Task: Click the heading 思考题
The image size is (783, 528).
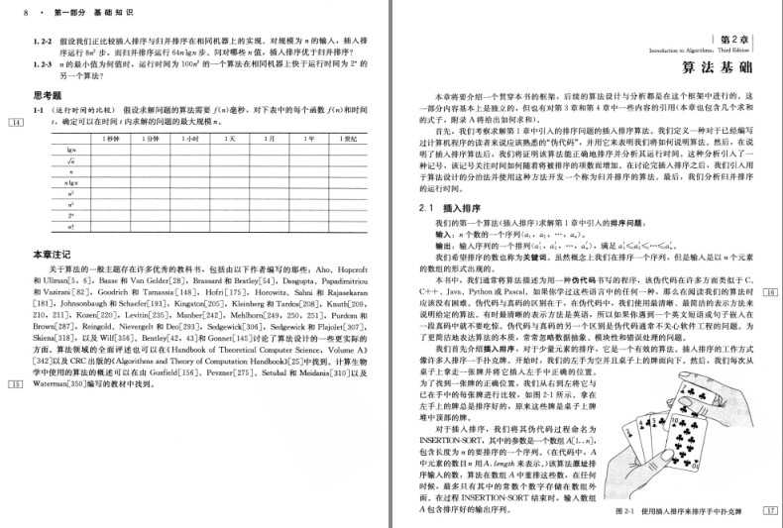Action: pos(50,95)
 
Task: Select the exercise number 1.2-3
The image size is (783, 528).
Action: pos(44,62)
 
